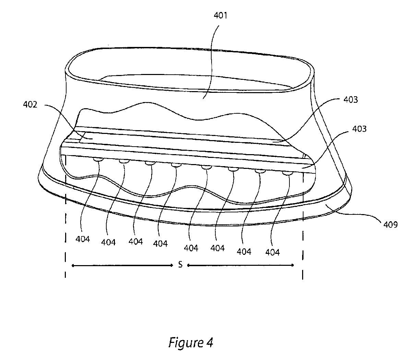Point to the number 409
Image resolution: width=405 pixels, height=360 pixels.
click(x=391, y=225)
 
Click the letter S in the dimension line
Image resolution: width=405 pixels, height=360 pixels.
click(x=180, y=265)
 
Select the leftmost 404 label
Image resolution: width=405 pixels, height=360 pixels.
click(x=82, y=239)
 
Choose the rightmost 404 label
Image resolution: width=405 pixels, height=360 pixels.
click(x=272, y=252)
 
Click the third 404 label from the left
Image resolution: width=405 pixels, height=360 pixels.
click(x=136, y=241)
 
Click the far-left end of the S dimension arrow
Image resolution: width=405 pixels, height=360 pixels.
click(x=72, y=265)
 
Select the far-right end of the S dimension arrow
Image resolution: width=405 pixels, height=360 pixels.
click(x=294, y=265)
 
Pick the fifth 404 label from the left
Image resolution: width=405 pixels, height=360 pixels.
click(x=191, y=247)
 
